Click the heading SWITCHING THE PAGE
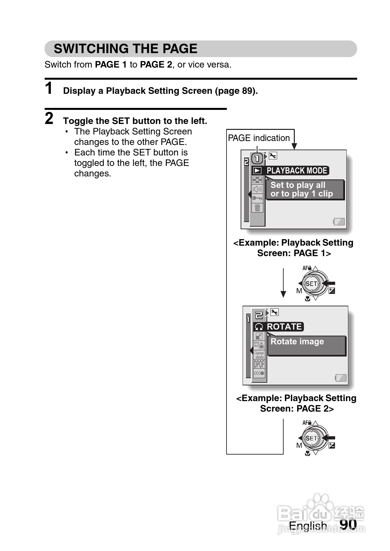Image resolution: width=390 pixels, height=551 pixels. tap(125, 49)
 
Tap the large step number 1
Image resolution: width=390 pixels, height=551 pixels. tap(49, 88)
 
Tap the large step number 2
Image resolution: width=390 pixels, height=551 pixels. tap(49, 118)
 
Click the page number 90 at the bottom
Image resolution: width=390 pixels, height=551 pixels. tap(348, 524)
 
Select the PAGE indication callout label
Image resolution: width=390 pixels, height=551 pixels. tap(259, 138)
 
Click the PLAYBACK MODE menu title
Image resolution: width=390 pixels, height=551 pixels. tap(296, 171)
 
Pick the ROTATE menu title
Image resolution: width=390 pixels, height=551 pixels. tap(284, 327)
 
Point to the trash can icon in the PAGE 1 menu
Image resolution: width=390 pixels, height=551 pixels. tap(257, 208)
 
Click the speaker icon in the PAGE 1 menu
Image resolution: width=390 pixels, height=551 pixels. tap(257, 189)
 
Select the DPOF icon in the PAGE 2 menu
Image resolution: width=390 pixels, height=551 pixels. tap(259, 364)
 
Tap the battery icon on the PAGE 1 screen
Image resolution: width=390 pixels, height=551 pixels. tap(339, 222)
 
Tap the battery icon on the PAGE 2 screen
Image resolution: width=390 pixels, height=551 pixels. tap(341, 378)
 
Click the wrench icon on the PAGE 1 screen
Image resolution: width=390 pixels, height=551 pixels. tap(273, 156)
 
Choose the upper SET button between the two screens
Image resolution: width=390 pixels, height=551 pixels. tap(311, 284)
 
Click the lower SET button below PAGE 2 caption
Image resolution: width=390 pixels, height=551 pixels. tap(311, 438)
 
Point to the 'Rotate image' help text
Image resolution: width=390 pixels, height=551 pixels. tap(297, 341)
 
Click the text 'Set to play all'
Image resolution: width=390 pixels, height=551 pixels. tap(298, 185)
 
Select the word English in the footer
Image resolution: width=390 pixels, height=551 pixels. tap(308, 525)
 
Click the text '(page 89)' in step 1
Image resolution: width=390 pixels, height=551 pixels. tap(236, 91)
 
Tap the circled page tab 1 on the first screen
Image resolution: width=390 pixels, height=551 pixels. tap(257, 158)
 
